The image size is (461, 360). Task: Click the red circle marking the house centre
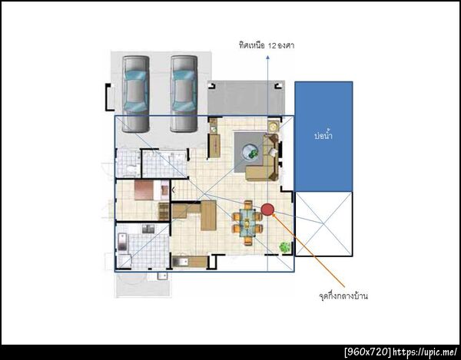(x=267, y=209)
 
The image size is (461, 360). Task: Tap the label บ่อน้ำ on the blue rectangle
(x=323, y=136)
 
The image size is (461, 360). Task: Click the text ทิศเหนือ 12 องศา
(x=267, y=46)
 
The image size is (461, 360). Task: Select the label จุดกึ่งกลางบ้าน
(x=343, y=296)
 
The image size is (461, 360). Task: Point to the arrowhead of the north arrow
(x=267, y=58)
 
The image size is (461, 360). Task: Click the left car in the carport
(x=135, y=94)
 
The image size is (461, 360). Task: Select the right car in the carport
(x=184, y=94)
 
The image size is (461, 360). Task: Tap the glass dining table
(x=247, y=223)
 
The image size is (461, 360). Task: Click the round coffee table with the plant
(x=250, y=152)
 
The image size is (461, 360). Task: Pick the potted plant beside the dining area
(x=284, y=247)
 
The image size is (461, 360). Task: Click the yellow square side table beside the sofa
(x=274, y=127)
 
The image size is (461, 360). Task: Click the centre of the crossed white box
(x=323, y=223)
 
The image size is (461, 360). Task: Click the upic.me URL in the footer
(x=425, y=352)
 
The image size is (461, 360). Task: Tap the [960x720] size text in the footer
(x=368, y=352)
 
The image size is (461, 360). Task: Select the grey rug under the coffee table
(x=250, y=153)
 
